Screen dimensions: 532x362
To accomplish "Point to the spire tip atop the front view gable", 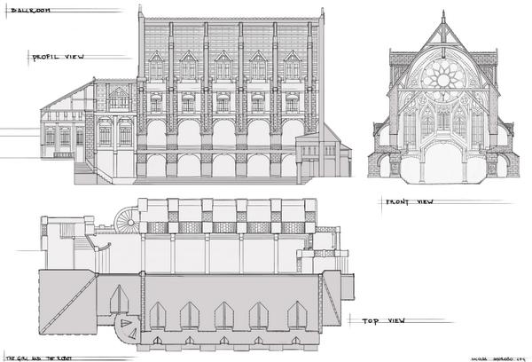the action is point(441,13).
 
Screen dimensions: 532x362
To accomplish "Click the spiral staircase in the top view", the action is point(128,217).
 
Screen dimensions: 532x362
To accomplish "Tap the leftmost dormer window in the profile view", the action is point(155,66).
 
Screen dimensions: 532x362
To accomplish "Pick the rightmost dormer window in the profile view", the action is point(291,66).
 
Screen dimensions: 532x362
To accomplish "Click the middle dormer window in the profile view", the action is point(223,66).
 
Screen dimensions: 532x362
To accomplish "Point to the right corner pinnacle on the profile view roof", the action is point(307,11).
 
